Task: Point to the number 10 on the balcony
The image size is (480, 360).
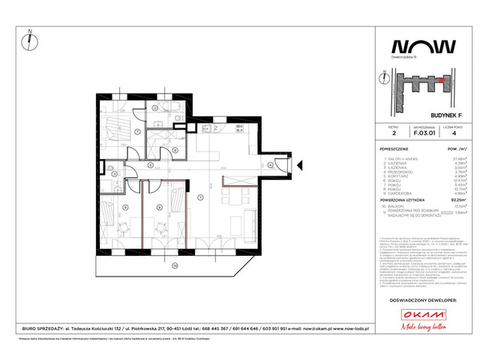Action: tap(173, 265)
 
